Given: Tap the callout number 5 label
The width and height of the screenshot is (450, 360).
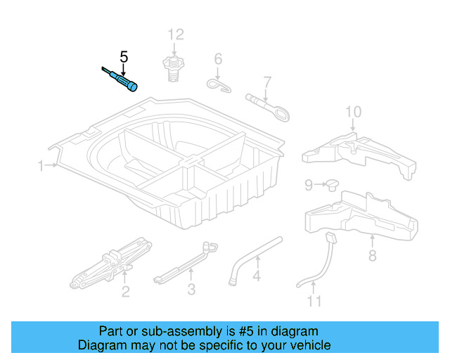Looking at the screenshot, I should tap(124, 56).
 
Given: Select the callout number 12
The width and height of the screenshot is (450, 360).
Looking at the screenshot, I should tap(175, 34).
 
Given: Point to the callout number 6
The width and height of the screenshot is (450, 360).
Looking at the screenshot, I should tap(218, 58).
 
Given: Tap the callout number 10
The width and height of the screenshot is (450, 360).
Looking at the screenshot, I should tap(353, 112).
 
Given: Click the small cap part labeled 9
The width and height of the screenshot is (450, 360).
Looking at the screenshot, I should tap(330, 184).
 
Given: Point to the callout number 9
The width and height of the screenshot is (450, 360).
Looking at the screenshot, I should tap(309, 185).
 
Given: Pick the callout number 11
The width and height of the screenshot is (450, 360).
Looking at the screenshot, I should tap(314, 302).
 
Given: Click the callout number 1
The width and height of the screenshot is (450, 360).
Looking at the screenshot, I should tap(41, 166).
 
